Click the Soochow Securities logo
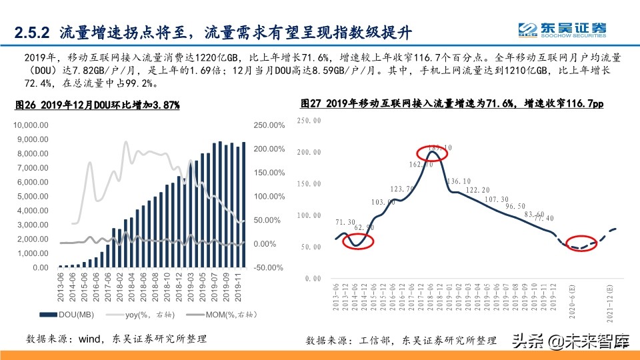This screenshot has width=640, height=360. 563,29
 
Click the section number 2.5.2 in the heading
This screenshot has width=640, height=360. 33,31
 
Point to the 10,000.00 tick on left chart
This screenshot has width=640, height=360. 31,125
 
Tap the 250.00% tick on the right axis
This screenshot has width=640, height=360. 269,125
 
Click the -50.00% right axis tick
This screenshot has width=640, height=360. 269,267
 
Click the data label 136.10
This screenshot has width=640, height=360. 460,181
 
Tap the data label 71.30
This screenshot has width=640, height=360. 345,222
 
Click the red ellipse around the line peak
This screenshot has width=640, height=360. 433,152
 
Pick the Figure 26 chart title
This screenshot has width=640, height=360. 97,105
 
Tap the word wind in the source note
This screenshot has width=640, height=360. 90,339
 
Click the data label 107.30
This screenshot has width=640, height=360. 497,199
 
